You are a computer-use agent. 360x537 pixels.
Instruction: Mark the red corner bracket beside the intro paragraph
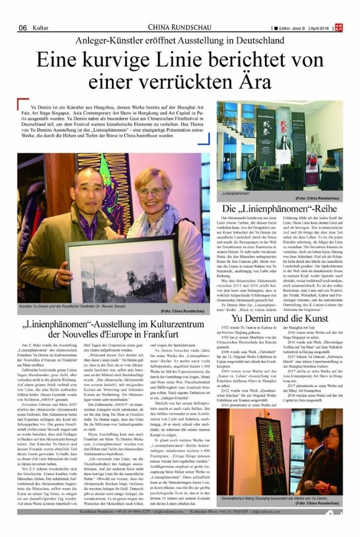point(22,103)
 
